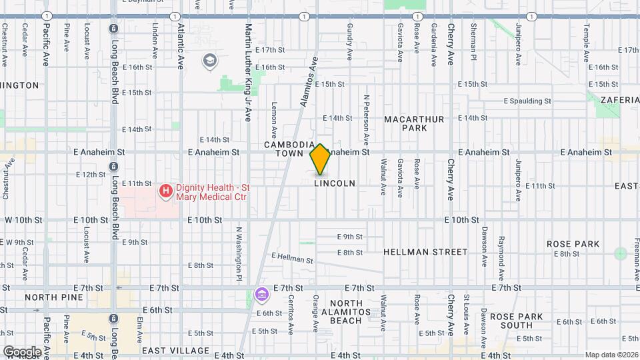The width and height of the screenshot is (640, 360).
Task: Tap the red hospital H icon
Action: (165, 191)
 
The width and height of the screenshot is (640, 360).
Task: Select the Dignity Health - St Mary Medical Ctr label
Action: (211, 192)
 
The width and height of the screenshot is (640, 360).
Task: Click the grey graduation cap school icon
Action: (209, 61)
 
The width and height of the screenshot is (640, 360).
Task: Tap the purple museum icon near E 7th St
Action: (261, 294)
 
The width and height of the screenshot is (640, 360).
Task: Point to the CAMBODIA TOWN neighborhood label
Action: (289, 149)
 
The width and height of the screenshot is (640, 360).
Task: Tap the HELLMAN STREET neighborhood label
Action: (425, 252)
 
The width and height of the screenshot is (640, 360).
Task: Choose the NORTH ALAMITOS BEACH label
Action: (341, 311)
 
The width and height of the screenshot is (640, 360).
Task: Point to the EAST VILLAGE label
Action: (176, 350)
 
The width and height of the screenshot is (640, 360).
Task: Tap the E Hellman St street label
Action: (292, 257)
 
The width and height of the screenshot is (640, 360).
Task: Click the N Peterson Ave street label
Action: (366, 120)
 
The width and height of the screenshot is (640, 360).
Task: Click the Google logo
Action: (21, 352)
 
